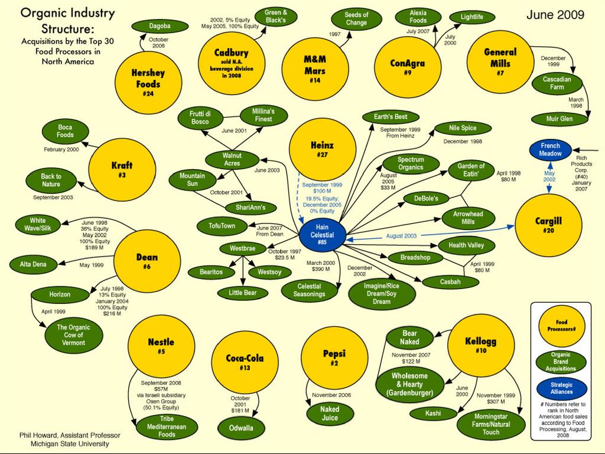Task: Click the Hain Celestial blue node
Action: (322, 235)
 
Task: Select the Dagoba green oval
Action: (160, 26)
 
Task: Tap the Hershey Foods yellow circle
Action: (148, 82)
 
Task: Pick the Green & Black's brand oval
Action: (276, 17)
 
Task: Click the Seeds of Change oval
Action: (356, 19)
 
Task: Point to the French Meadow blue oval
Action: (550, 150)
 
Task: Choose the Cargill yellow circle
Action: (548, 224)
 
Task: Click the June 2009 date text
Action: (555, 15)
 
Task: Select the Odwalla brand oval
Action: (241, 427)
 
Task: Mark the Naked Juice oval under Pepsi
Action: (330, 413)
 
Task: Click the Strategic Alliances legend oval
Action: (561, 388)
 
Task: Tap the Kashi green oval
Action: (433, 413)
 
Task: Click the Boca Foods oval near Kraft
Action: (65, 131)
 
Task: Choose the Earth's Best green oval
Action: (391, 117)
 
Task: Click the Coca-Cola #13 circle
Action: (245, 361)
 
